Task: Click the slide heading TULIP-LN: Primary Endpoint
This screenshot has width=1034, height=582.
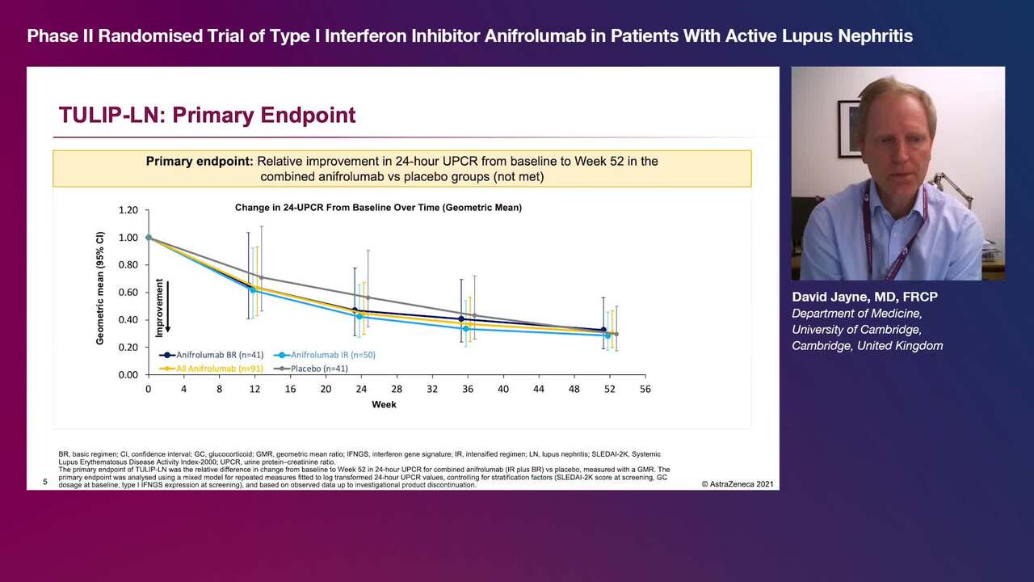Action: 207,115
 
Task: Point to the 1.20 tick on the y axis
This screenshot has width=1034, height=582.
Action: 128,210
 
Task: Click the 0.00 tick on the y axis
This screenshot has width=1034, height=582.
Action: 128,375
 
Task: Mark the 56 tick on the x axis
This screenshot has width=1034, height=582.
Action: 645,389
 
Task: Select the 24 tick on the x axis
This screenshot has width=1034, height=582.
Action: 361,389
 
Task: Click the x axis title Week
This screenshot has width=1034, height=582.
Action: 384,404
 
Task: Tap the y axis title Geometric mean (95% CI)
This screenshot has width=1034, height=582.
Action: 100,289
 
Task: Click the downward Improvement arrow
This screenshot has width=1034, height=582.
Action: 168,307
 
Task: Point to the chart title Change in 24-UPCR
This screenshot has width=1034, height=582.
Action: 378,208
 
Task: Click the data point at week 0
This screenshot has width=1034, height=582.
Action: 149,238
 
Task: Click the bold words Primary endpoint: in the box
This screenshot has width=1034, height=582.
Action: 200,162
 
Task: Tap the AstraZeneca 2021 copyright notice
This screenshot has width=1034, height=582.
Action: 738,484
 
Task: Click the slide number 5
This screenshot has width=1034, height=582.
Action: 45,483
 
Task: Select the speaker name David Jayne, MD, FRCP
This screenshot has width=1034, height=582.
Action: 864,297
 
